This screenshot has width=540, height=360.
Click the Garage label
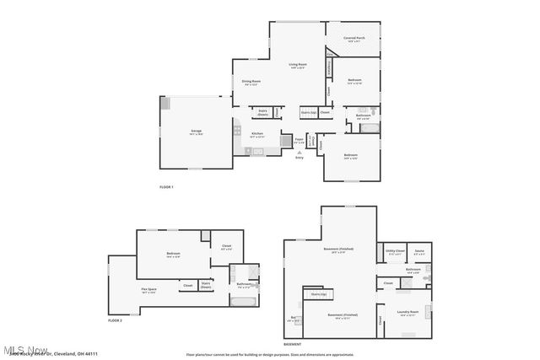pos(196,131)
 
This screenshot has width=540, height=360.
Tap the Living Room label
pos(297,64)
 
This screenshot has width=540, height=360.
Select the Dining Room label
pos(251,82)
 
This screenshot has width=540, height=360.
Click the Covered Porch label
pos(354,38)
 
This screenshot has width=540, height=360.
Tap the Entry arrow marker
pos(299,151)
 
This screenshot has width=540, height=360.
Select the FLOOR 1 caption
pos(166,186)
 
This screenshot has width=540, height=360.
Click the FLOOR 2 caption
pos(116,320)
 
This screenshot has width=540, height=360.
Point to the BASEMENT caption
pos(293,344)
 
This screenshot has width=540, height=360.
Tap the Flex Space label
pos(148,289)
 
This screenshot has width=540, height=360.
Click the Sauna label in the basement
pos(419,250)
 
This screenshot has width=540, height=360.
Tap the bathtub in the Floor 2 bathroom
pos(246,298)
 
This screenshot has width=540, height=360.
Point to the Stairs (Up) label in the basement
pos(318,294)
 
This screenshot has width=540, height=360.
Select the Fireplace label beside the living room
pos(329,70)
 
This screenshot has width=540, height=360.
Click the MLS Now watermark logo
pos(25,348)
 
